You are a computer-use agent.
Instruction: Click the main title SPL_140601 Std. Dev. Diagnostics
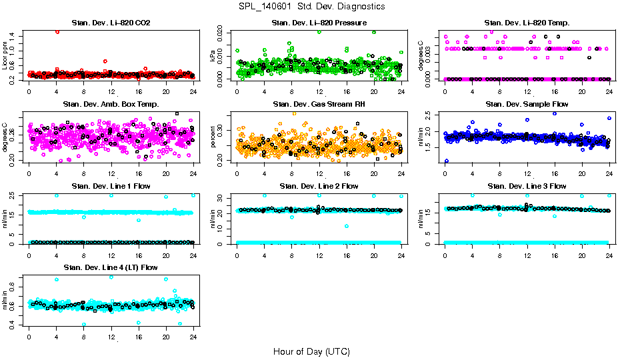tap(311, 7)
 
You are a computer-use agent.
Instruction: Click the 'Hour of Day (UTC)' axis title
tap(311, 351)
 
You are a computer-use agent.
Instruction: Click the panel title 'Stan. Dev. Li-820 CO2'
tap(111, 23)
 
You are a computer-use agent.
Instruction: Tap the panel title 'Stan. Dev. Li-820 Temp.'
tap(527, 23)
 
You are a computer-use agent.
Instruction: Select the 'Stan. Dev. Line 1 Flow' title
tap(111, 186)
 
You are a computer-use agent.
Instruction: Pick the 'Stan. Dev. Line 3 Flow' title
tap(527, 186)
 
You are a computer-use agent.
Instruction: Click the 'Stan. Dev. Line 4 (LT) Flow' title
tap(111, 267)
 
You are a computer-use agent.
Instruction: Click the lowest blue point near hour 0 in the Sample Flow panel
tap(446, 161)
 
